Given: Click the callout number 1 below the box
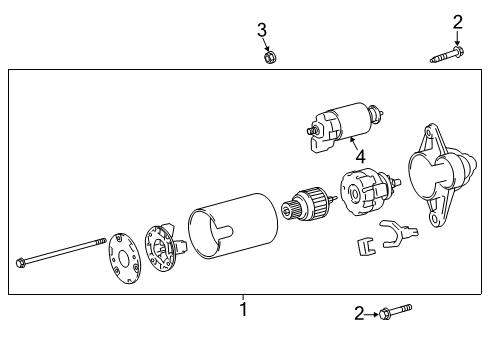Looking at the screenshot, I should pyautogui.click(x=242, y=310).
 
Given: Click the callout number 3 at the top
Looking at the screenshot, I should pyautogui.click(x=262, y=31).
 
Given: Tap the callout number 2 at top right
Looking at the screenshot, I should pyautogui.click(x=457, y=22).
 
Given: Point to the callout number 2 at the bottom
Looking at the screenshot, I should pyautogui.click(x=359, y=314).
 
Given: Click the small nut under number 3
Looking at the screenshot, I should pyautogui.click(x=269, y=57).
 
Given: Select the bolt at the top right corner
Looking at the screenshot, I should pyautogui.click(x=446, y=55).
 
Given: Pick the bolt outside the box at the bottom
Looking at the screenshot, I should pyautogui.click(x=393, y=314).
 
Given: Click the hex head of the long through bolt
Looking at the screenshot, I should pyautogui.click(x=20, y=263).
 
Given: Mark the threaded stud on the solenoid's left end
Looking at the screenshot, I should pyautogui.click(x=310, y=128).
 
